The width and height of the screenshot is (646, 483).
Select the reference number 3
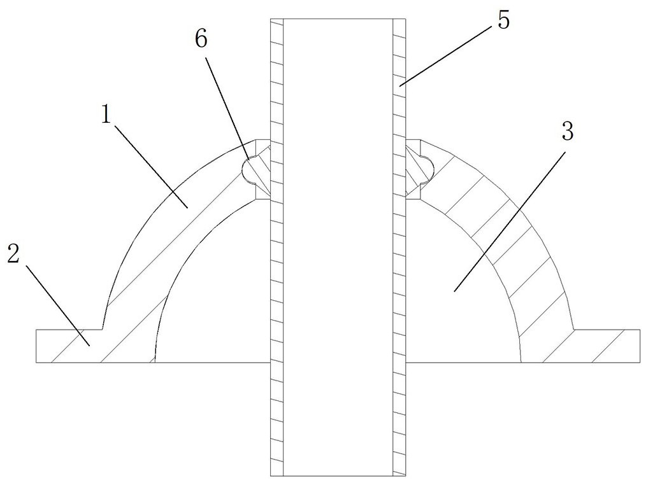567,132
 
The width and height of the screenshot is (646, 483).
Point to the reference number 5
503,21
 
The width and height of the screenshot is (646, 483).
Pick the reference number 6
201,39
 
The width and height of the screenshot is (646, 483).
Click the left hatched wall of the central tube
276,255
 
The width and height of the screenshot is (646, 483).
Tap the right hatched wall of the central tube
399,255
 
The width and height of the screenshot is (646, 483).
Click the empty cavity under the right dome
459,299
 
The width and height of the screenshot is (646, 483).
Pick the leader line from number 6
227,102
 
